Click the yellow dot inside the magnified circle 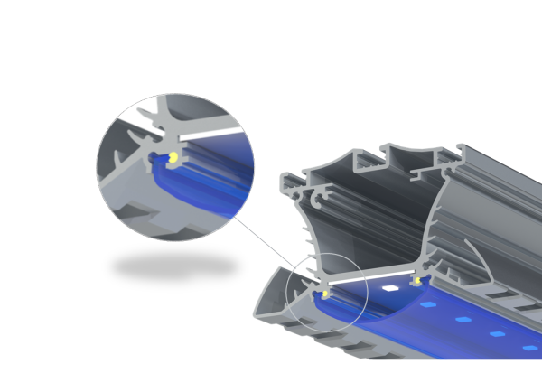[172, 159]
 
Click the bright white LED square [390, 287]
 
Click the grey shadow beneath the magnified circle [172, 266]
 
